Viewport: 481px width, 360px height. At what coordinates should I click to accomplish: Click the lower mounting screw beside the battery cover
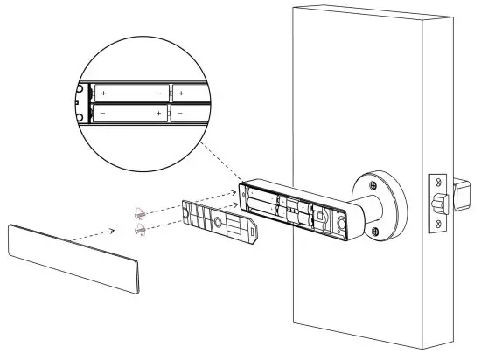point(141,230)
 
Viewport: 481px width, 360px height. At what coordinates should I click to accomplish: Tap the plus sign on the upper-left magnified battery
point(103,93)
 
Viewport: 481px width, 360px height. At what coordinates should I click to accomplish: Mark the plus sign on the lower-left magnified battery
point(158,114)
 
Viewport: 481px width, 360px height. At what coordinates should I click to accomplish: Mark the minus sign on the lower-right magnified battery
point(179,114)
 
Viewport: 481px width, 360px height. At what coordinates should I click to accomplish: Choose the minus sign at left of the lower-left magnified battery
point(103,114)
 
